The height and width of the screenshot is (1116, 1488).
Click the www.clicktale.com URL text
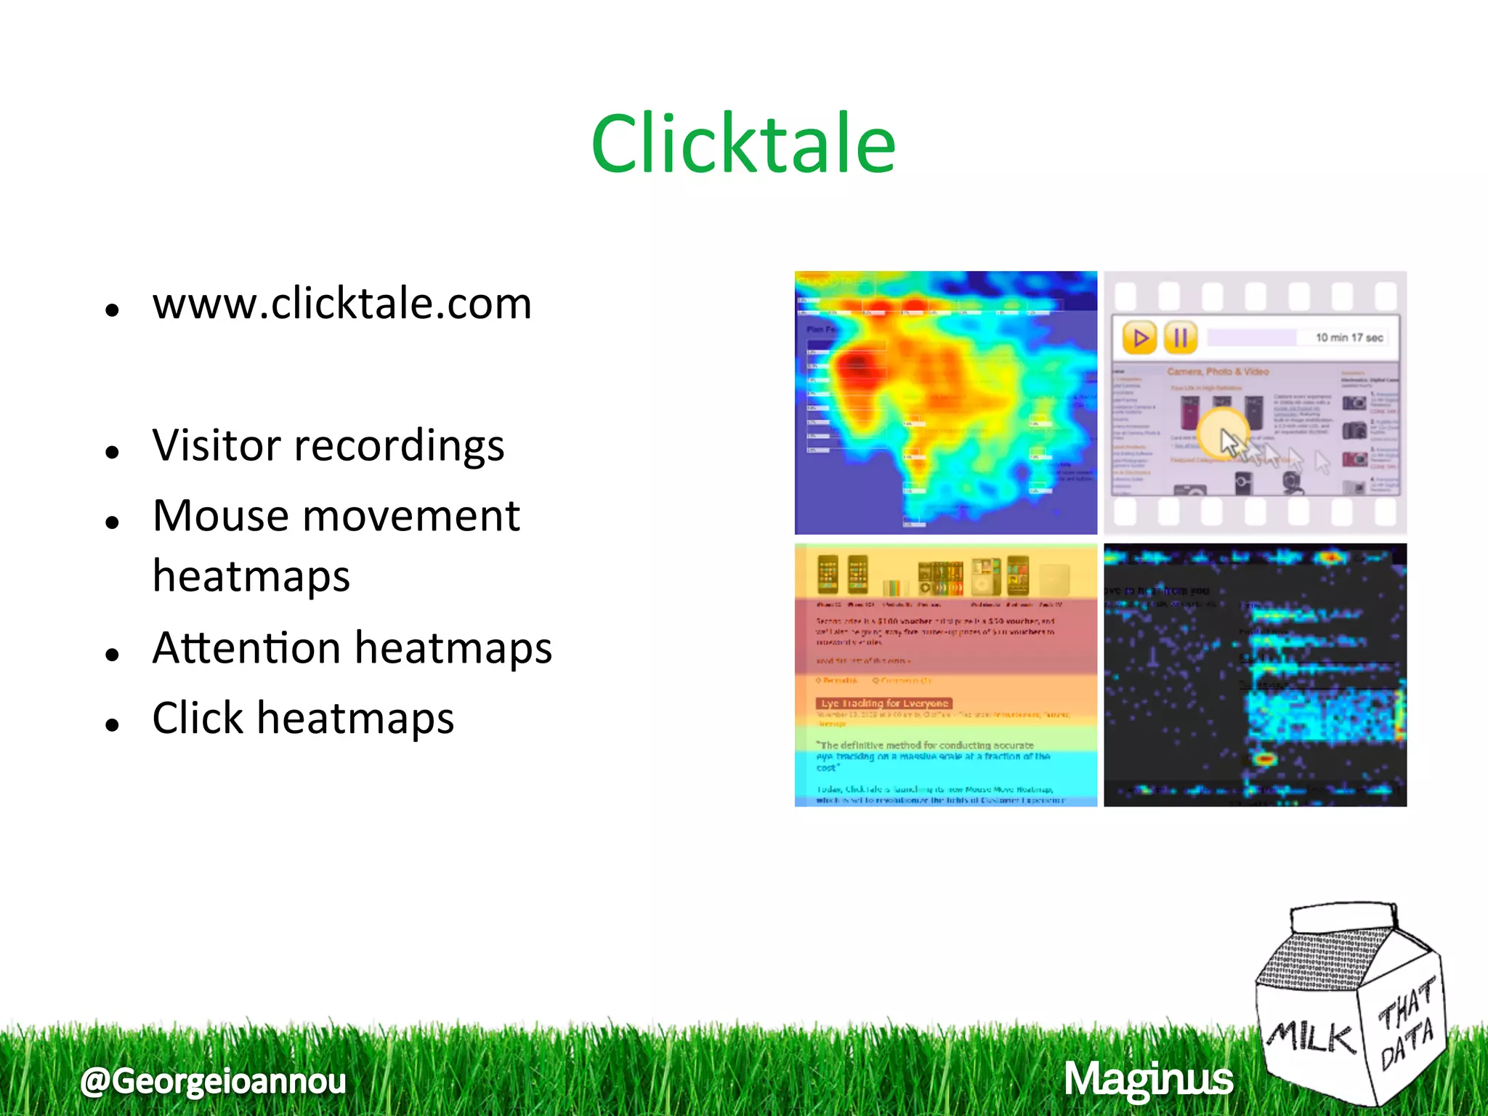tap(341, 304)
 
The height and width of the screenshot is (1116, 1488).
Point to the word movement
tap(421, 517)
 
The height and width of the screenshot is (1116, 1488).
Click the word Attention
tap(246, 647)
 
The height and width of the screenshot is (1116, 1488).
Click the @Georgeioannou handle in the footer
tap(214, 1080)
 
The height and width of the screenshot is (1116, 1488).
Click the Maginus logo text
tap(1149, 1079)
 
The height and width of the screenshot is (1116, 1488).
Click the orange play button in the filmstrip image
tap(1139, 338)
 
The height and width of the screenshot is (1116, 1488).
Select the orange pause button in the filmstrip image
tap(1181, 338)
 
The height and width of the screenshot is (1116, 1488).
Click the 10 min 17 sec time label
tap(1349, 338)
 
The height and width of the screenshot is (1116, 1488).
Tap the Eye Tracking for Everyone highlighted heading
tap(884, 703)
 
